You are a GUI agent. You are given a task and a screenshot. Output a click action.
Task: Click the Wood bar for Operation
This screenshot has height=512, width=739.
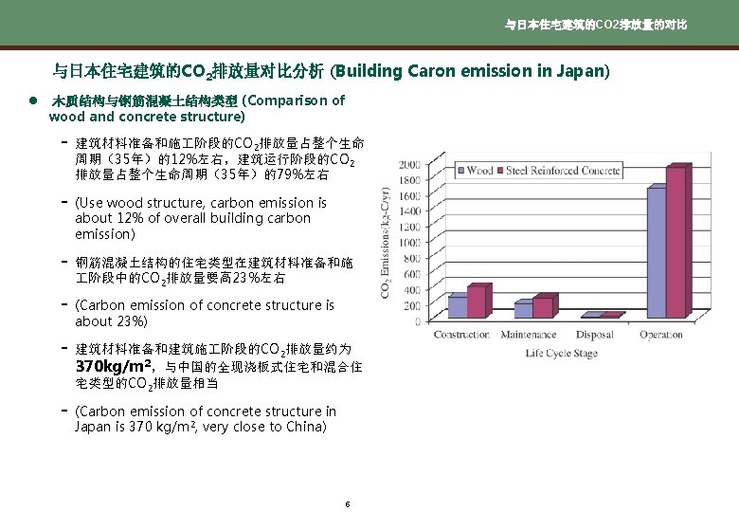pyautogui.click(x=656, y=252)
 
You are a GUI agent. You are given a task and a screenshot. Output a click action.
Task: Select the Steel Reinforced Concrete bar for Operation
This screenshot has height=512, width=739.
pyautogui.click(x=676, y=242)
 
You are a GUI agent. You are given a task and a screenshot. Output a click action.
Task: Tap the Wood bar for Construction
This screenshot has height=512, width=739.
pyautogui.click(x=458, y=306)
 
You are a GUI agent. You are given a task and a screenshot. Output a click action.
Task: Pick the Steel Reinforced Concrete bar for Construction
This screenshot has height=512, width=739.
pyautogui.click(x=477, y=302)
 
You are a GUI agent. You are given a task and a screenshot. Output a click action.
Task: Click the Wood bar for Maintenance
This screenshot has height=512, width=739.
pyautogui.click(x=524, y=309)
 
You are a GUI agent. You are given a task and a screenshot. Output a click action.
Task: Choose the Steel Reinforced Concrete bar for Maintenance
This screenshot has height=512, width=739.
pyautogui.click(x=543, y=307)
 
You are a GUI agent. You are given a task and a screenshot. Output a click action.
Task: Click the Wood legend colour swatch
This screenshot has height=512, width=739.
pyautogui.click(x=461, y=172)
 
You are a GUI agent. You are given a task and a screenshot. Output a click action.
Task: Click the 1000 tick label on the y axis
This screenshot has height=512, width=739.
pyautogui.click(x=409, y=243)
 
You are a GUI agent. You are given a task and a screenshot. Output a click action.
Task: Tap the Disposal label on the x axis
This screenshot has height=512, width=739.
pyautogui.click(x=595, y=335)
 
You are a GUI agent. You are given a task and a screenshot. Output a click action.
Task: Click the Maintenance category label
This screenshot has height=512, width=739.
pyautogui.click(x=529, y=335)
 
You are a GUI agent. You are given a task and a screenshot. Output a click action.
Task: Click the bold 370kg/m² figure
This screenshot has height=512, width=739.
pyautogui.click(x=115, y=366)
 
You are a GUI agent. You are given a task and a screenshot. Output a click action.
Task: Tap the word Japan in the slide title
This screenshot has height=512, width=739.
pyautogui.click(x=584, y=71)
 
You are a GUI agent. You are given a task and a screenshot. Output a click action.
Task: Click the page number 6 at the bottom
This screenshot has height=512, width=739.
pyautogui.click(x=348, y=503)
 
